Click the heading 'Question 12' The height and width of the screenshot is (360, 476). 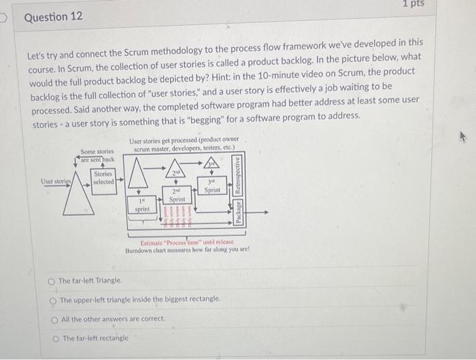click(x=53, y=16)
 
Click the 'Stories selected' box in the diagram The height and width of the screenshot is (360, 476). click(x=103, y=178)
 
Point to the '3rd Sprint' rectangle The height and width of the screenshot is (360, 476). click(x=211, y=187)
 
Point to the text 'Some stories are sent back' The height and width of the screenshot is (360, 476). click(x=97, y=156)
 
